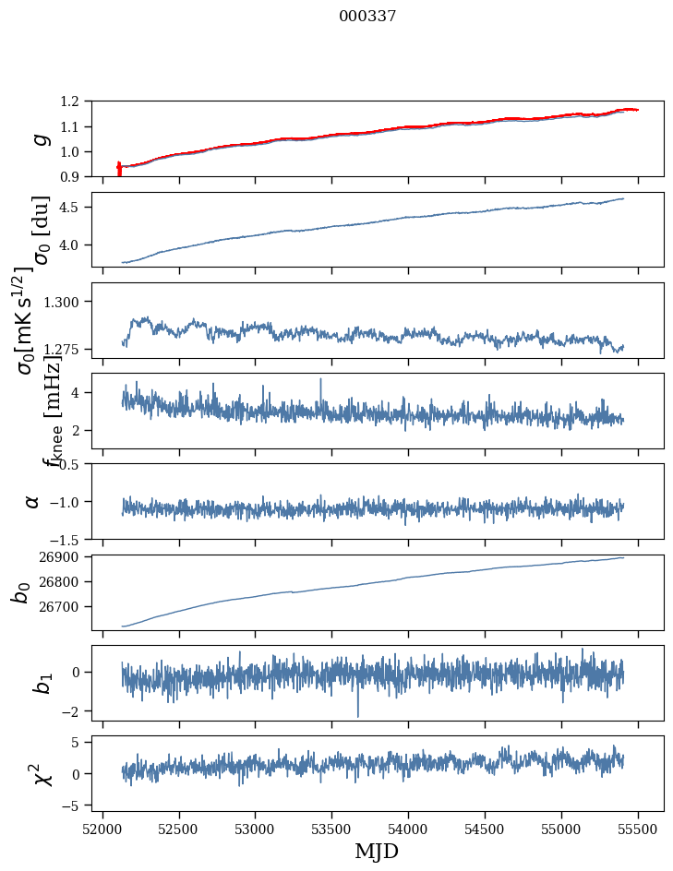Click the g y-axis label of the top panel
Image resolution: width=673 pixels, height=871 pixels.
[39, 138]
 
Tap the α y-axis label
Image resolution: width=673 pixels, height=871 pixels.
[32, 500]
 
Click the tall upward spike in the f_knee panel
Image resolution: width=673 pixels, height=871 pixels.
[320, 380]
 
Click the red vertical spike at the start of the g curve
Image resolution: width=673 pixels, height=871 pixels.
[119, 169]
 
